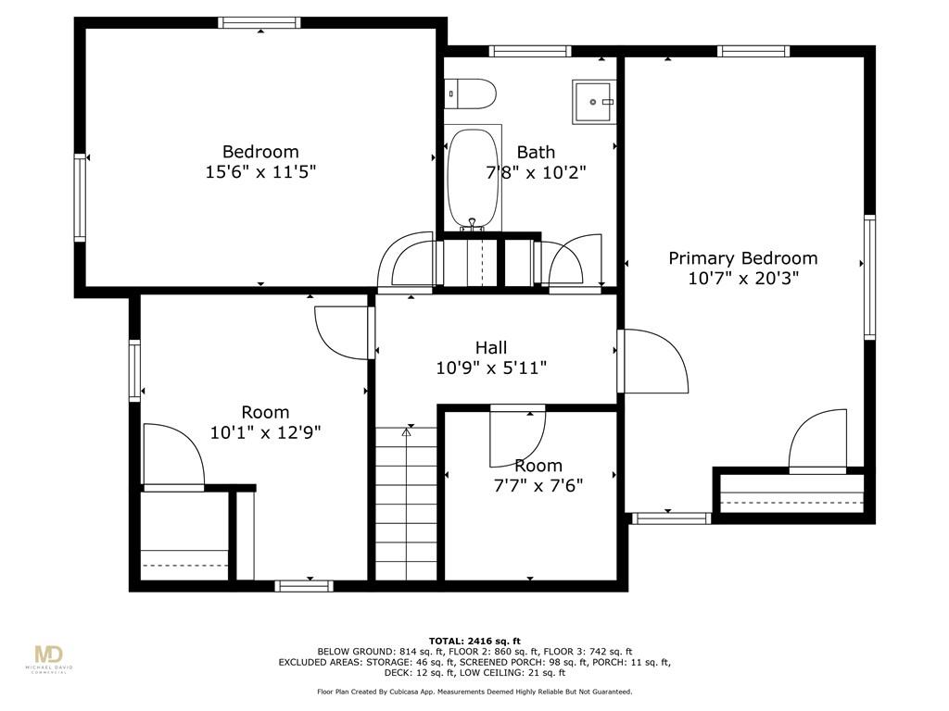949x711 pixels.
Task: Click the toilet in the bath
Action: [470, 94]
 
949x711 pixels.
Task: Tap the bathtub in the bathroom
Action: [474, 179]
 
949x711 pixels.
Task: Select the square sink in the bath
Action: [594, 102]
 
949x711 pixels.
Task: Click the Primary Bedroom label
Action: [742, 258]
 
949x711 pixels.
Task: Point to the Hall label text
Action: [491, 348]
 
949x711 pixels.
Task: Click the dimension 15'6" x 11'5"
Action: [260, 171]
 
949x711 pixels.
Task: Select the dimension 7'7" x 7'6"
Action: [538, 485]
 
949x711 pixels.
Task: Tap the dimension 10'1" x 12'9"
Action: [265, 432]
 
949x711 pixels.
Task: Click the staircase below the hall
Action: [406, 503]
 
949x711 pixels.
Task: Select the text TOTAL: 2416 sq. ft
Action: [474, 641]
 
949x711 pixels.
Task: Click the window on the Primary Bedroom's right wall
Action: [869, 277]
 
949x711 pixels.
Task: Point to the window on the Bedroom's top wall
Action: [259, 22]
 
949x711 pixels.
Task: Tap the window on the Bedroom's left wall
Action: [80, 198]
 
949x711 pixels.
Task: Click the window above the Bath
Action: [529, 51]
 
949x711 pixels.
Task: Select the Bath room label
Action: [536, 152]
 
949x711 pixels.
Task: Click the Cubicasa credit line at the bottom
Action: [474, 692]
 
